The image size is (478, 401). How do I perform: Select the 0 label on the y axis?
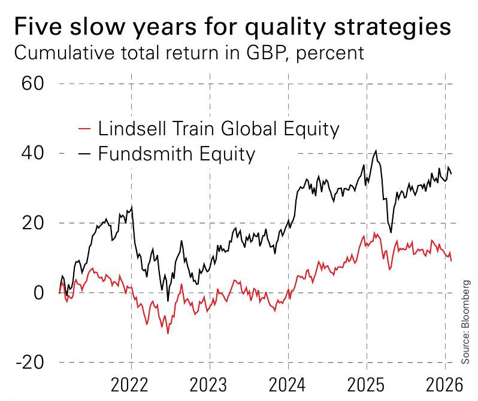(40, 293)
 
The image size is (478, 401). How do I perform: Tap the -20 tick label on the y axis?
(28, 363)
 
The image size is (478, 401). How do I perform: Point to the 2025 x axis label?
(366, 383)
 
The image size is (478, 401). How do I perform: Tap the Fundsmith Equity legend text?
(177, 154)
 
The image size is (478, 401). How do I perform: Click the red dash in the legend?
(85, 129)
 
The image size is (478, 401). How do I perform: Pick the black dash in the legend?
(85, 154)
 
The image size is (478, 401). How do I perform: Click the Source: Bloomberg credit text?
(466, 321)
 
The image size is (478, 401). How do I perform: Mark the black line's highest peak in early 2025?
(376, 150)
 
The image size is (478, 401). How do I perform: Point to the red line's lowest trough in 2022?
(168, 333)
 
